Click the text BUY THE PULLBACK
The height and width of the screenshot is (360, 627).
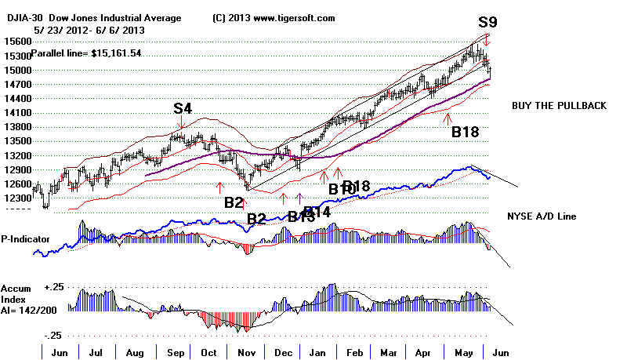tap(559, 106)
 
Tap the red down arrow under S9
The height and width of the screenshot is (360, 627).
tap(487, 39)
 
